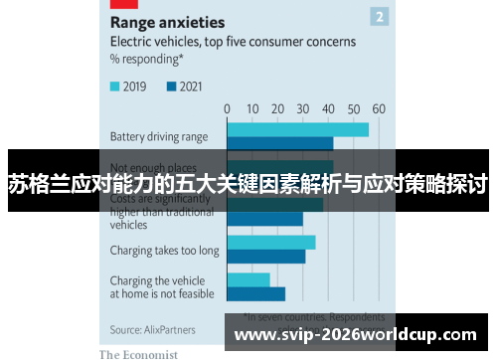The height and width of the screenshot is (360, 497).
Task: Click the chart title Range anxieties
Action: [x=167, y=21]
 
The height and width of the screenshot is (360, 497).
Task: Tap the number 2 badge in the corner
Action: [x=380, y=16]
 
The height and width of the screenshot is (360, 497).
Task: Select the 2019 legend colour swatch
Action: [x=115, y=87]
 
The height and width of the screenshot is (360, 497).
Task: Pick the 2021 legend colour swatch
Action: [x=172, y=87]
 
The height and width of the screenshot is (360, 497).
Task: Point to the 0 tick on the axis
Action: [x=227, y=108]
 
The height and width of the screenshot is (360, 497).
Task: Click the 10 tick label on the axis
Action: [x=252, y=108]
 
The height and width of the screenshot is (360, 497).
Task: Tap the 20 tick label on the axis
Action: [x=277, y=108]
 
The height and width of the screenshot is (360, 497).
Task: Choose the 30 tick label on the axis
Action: [x=303, y=108]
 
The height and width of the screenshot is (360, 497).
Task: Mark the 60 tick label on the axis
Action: [x=379, y=108]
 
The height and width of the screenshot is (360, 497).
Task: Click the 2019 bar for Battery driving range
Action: [x=297, y=129]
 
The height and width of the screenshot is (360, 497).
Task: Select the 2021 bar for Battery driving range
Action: [x=279, y=143]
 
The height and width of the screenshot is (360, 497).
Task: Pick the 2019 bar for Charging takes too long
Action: [x=270, y=243]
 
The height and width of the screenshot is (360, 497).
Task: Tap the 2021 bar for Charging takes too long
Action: [x=265, y=257]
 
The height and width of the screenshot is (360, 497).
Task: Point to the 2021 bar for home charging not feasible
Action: [x=255, y=294]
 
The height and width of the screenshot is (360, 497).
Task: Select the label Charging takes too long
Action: [x=164, y=251]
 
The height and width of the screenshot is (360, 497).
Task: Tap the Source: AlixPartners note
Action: [x=152, y=329]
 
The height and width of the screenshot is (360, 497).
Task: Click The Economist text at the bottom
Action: [x=138, y=353]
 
